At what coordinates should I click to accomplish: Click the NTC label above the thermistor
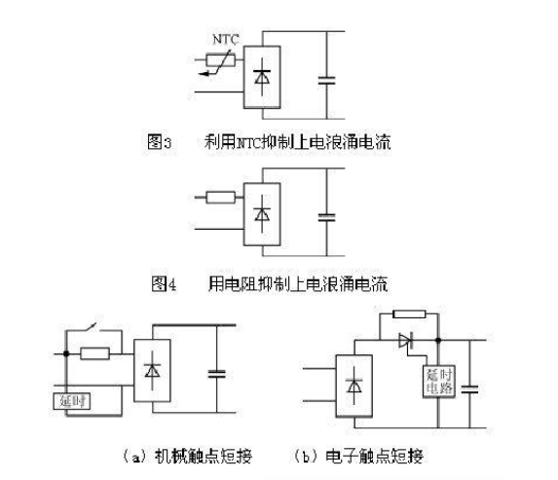click(225, 39)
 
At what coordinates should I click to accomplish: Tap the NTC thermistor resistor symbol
click(221, 60)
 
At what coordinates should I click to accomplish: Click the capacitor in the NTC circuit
click(326, 81)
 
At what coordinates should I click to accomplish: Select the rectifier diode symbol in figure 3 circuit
click(262, 77)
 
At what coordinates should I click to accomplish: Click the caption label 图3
click(160, 142)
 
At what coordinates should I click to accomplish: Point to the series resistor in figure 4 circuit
click(221, 198)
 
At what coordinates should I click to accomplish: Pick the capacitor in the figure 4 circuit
click(326, 217)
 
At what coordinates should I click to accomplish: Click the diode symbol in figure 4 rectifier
click(262, 214)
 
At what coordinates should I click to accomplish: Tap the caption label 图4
click(164, 284)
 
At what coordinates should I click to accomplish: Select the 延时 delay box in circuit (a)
click(72, 401)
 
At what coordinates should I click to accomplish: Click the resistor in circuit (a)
click(95, 353)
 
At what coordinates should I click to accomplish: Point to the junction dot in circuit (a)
click(66, 353)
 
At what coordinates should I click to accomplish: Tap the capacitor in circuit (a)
click(217, 374)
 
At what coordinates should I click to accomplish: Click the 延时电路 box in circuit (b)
click(439, 382)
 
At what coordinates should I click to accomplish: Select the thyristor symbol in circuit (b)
click(406, 341)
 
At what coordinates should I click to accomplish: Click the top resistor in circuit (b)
click(409, 314)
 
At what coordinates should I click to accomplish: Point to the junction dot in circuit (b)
click(438, 340)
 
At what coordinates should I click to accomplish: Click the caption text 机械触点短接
click(204, 456)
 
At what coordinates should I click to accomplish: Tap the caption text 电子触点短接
click(374, 456)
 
